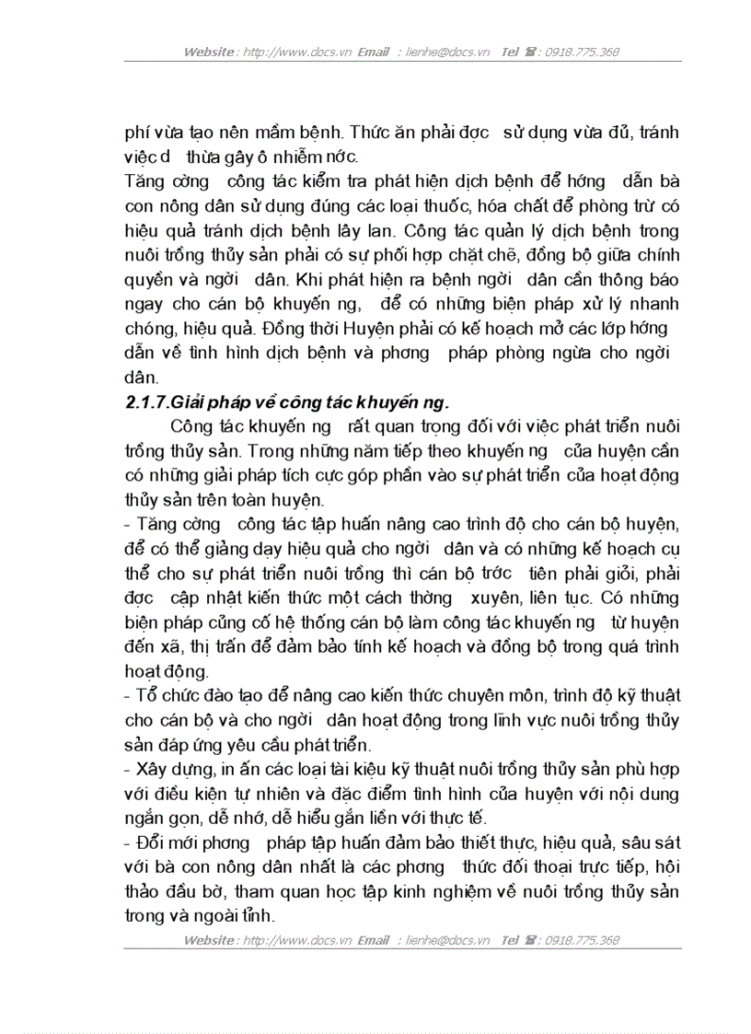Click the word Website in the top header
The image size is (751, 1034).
click(x=208, y=52)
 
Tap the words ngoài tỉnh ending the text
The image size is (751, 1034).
click(x=240, y=914)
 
